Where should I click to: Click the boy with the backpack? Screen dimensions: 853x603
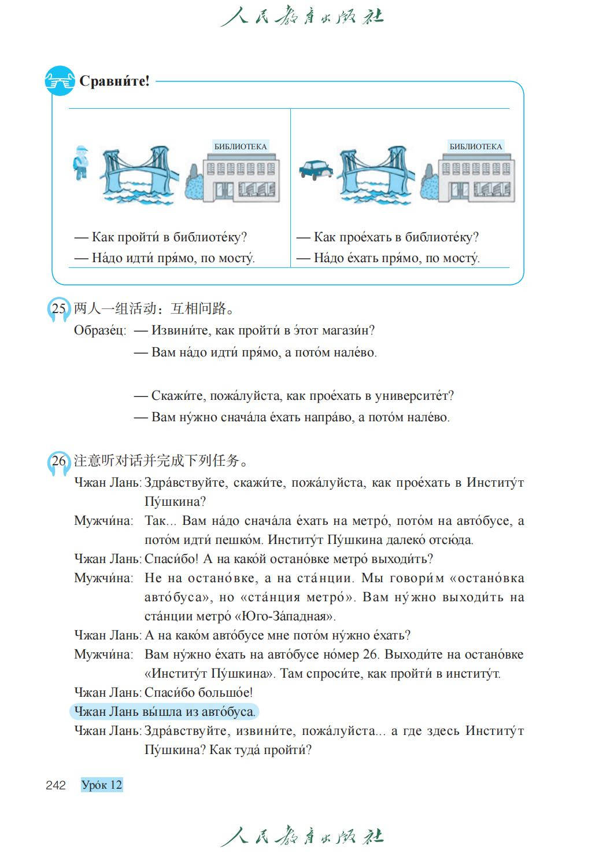point(81,162)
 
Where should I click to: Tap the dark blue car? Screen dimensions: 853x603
point(316,169)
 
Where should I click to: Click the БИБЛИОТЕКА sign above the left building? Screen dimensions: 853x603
point(241,146)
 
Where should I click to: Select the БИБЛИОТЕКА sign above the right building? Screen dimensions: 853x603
point(476,146)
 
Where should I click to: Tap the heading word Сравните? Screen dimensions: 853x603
point(114,81)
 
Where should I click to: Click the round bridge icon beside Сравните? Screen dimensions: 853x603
point(60,81)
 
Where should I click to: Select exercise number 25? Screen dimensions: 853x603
point(59,308)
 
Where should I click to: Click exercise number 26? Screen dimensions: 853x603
point(59,461)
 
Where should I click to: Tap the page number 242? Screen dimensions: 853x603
point(56,785)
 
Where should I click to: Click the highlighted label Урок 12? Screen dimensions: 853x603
point(102,785)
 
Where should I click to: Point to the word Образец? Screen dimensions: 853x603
point(99,330)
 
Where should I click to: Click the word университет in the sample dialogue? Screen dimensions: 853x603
point(414,396)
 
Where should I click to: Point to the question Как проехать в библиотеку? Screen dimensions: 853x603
point(395,237)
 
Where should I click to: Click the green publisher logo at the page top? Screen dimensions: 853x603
point(301,16)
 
